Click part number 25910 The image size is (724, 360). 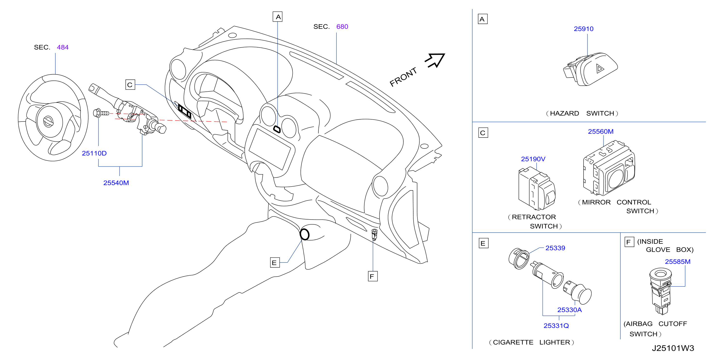click(x=584, y=29)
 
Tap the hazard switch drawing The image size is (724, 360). click(x=590, y=69)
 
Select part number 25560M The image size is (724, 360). click(x=601, y=131)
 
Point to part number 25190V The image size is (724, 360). click(x=533, y=159)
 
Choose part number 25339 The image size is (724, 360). click(x=555, y=248)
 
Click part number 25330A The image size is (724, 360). click(x=569, y=310)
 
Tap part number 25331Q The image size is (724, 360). click(x=556, y=326)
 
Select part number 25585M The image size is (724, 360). click(x=677, y=262)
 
